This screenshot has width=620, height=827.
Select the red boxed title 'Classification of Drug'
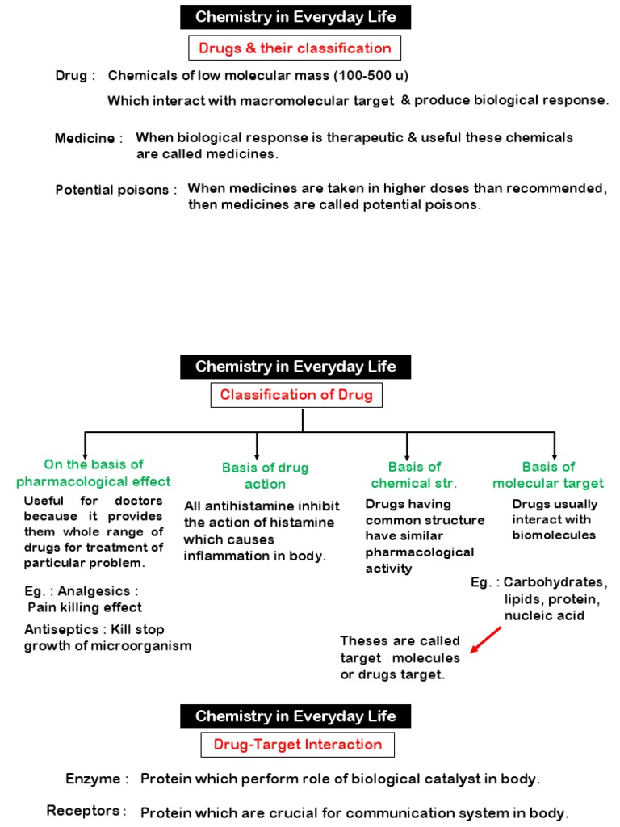[296, 395]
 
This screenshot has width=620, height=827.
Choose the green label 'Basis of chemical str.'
[414, 475]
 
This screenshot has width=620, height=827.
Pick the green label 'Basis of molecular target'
[548, 475]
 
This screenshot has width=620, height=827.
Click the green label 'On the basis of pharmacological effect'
[94, 472]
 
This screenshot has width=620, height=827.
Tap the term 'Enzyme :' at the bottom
[97, 779]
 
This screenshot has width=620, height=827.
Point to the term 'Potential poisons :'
[116, 190]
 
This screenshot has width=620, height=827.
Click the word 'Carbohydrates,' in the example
[555, 583]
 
